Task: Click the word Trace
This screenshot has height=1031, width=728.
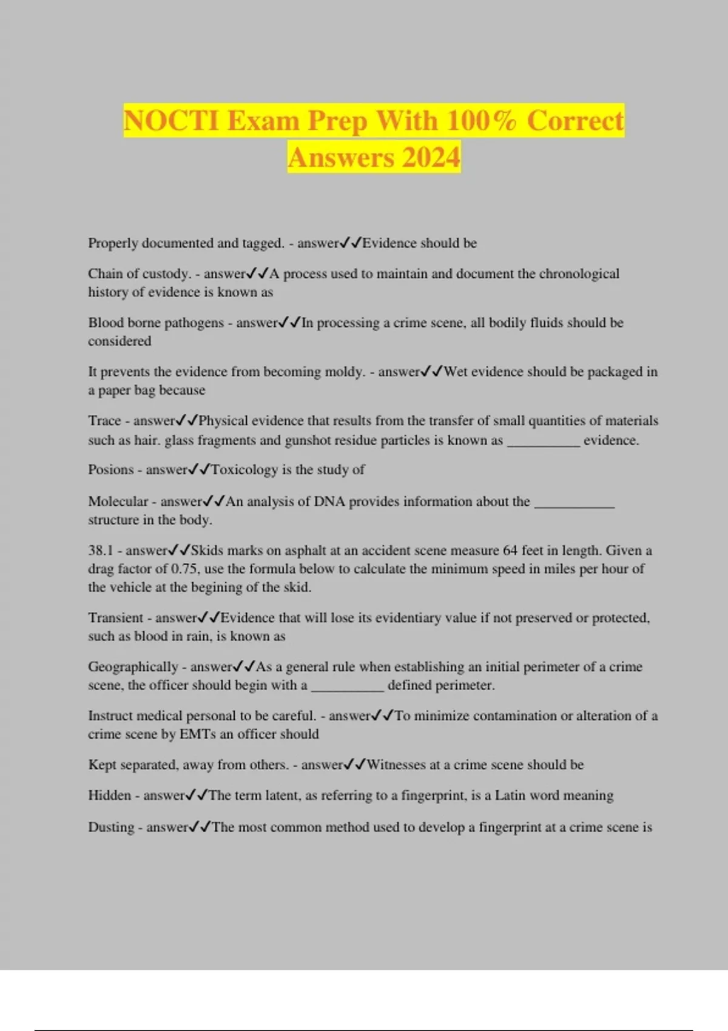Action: tap(104, 420)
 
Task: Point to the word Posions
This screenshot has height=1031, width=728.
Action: tap(110, 469)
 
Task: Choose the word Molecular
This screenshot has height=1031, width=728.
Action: tap(118, 501)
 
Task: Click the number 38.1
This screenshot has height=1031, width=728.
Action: tap(101, 550)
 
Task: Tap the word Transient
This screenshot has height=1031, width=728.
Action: tap(115, 617)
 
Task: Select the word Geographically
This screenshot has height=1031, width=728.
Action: tap(133, 667)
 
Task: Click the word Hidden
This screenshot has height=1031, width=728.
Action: tap(109, 795)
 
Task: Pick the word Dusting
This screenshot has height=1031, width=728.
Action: tap(111, 827)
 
